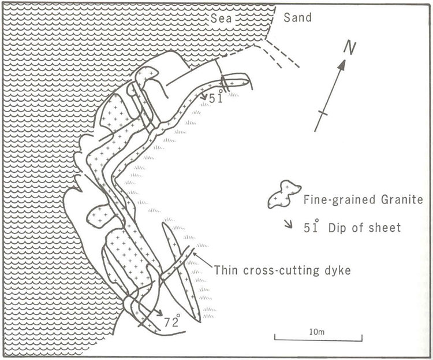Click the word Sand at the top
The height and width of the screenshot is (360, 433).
click(x=298, y=18)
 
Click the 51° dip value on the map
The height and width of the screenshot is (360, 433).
click(x=216, y=99)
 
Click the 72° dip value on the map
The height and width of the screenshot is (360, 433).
click(x=172, y=320)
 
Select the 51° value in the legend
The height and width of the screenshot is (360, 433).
click(x=311, y=227)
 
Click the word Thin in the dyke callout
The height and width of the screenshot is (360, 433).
click(x=226, y=270)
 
